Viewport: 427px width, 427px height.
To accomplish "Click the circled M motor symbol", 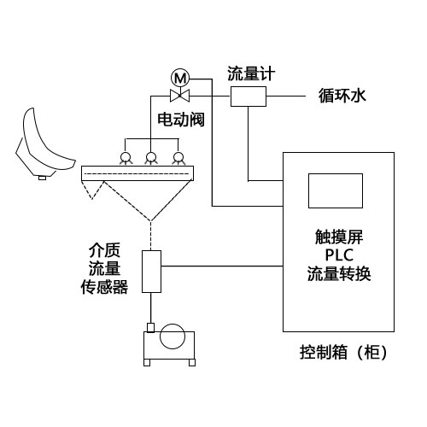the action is (180, 78).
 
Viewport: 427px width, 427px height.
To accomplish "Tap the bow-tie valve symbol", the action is (180, 96).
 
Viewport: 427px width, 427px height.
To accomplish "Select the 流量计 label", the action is (251, 73).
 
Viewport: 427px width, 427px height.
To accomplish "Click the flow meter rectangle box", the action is (249, 97).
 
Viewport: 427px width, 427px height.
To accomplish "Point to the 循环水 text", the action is (342, 96).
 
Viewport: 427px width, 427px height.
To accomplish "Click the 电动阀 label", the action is (181, 120).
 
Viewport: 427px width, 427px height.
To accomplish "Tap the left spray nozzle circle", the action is (126, 157).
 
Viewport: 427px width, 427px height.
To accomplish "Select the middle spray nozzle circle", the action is (150, 157).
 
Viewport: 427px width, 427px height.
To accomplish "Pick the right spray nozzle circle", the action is (178, 157).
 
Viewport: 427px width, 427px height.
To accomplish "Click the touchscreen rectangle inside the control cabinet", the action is (336, 190).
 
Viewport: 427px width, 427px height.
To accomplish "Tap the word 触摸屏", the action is (339, 237).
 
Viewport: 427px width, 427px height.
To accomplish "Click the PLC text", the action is (339, 255).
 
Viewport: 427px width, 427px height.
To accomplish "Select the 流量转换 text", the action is (339, 274).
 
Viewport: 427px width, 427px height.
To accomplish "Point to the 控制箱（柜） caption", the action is (344, 352).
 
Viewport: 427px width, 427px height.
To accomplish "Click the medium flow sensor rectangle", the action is (151, 272).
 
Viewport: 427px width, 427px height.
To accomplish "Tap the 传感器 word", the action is (104, 287).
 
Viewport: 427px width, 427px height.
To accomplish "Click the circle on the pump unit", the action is (173, 336).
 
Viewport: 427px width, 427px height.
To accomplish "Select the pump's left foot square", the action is (147, 363).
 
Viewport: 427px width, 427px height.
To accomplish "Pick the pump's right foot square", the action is (192, 363).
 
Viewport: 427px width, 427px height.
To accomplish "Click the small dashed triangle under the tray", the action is (92, 189).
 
